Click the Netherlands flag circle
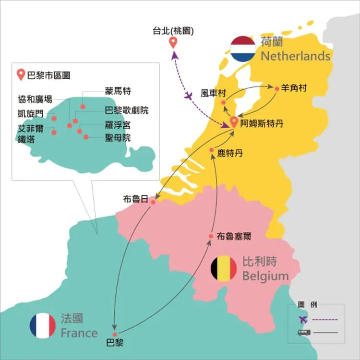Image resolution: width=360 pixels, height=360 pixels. [242, 49]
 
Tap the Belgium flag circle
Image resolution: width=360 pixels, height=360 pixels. [224, 269]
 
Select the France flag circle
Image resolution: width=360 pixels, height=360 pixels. [43, 326]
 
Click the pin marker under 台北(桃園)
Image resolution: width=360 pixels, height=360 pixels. [173, 43]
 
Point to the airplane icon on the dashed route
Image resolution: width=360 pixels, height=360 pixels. [189, 96]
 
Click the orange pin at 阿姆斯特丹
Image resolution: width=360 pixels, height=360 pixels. [234, 122]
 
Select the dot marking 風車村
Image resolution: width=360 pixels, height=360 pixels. [223, 102]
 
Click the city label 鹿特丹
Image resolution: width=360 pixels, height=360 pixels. [230, 154]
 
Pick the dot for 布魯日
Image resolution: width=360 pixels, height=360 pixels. [153, 202]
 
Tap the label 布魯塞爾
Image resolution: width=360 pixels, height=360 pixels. [234, 236]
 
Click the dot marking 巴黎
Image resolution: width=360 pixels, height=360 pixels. [115, 334]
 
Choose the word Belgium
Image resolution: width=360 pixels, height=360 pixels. [265, 276]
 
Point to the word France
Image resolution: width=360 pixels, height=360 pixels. [79, 333]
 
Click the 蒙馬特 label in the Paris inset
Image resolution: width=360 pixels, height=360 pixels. [118, 91]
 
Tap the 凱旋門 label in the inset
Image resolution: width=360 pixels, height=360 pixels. [30, 114]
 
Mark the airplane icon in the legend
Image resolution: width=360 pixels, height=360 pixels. [303, 319]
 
